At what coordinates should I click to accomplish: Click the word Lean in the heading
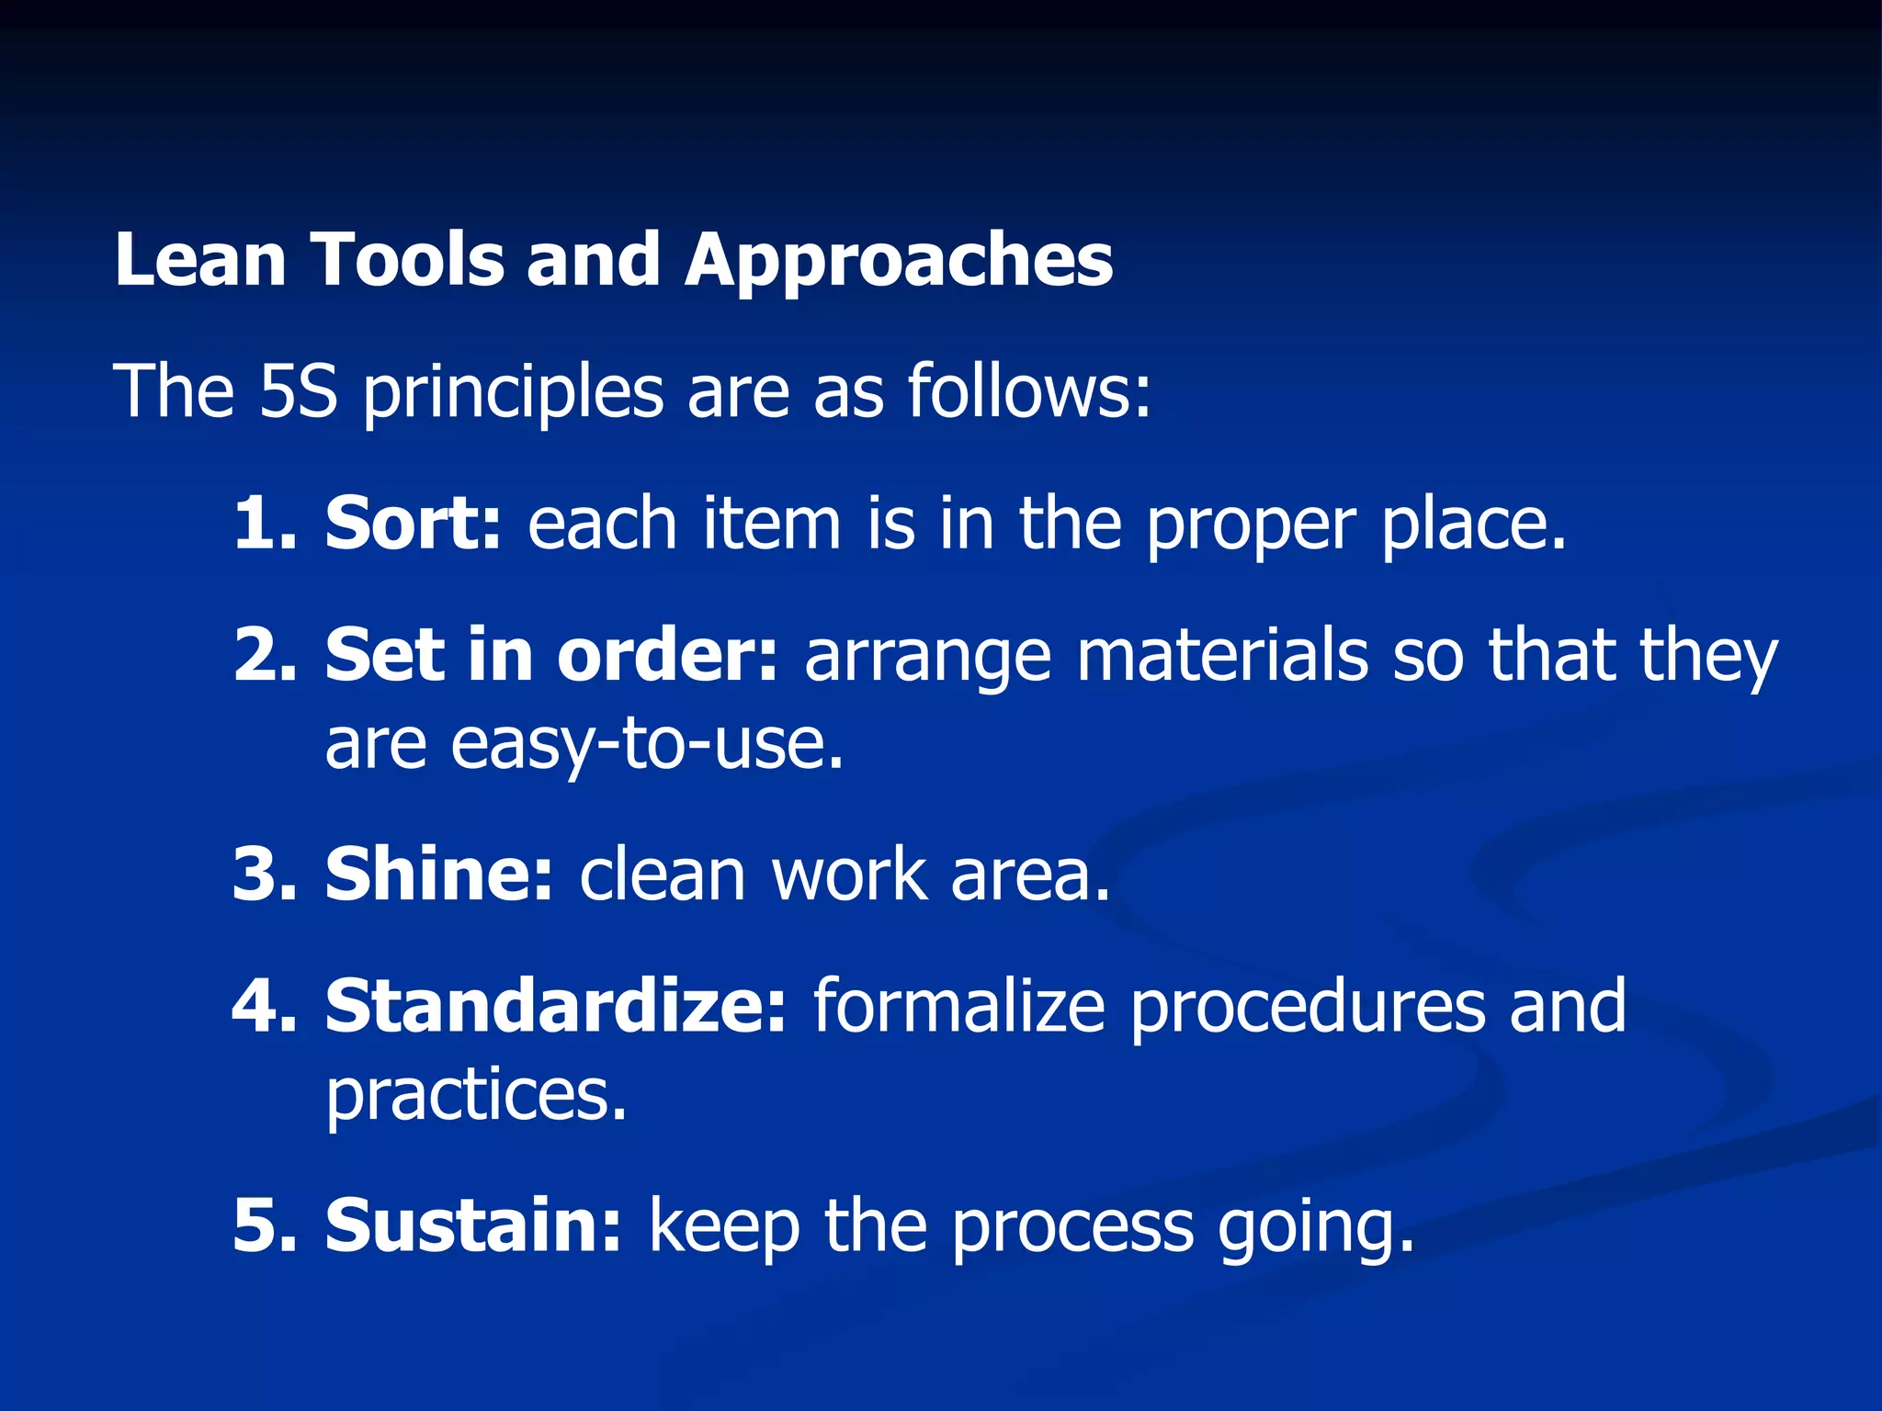[200, 260]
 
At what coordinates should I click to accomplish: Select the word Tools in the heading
[408, 260]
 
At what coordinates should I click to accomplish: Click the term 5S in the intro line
[298, 391]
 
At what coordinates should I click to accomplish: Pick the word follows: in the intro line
[1029, 391]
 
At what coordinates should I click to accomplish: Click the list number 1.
[265, 524]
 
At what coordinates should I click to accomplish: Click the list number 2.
[265, 655]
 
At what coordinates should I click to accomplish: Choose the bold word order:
[667, 655]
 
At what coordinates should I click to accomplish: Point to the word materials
[1222, 655]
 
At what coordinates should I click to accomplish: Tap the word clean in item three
[662, 875]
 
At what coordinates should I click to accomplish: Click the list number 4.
[265, 1006]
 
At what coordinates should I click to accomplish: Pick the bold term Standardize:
[556, 1006]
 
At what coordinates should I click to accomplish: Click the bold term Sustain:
[474, 1225]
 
